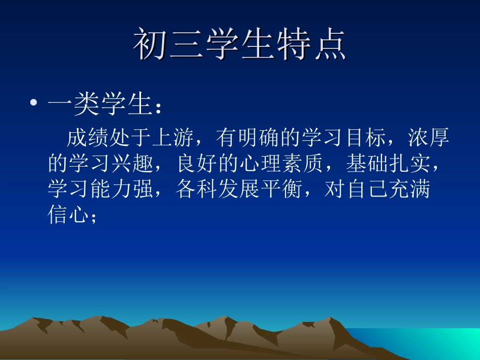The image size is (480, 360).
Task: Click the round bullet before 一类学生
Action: point(33,105)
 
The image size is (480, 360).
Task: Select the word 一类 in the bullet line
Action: point(74,105)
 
